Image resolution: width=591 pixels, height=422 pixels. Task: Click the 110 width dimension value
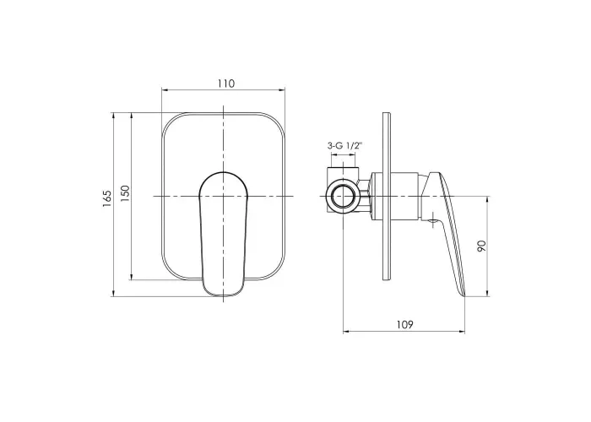225,84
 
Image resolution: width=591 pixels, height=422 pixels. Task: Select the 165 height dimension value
106,198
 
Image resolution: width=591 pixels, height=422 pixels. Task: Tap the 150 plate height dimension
125,193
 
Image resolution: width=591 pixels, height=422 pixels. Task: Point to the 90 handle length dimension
481,246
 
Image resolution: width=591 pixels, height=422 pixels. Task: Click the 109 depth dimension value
404,324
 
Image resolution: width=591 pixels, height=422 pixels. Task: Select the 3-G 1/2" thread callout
344,146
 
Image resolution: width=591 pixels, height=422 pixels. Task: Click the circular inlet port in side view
343,197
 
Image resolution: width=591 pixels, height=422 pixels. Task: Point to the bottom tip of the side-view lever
464,295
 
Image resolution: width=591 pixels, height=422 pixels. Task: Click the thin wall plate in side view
387,197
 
